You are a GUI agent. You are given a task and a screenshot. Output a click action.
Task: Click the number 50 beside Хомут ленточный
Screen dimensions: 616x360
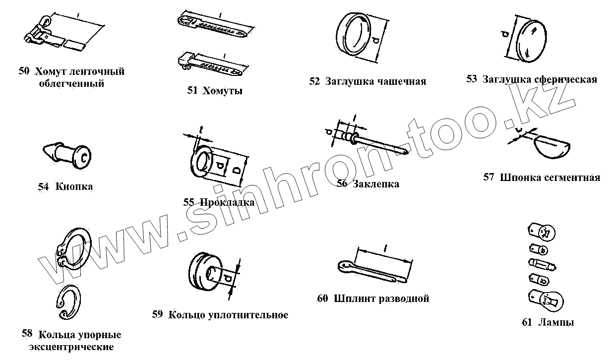(24, 71)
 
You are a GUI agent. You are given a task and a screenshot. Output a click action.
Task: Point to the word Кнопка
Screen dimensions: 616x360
(74, 187)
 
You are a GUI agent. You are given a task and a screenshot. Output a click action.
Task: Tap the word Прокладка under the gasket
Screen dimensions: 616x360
(227, 202)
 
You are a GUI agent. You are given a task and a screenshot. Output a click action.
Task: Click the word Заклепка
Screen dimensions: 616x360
(376, 184)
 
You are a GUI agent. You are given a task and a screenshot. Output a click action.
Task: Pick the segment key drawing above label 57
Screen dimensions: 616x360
(551, 143)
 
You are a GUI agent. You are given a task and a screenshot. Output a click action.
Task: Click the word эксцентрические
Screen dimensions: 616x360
(71, 347)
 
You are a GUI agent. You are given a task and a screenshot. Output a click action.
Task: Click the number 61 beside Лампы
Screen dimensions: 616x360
(527, 322)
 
